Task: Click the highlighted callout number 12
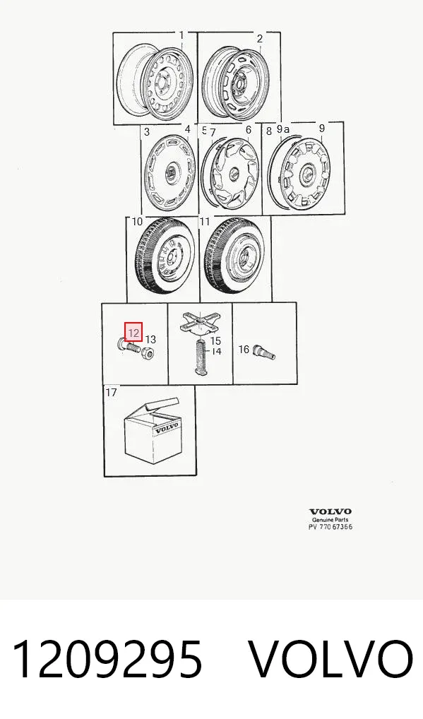click(133, 332)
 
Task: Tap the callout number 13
click(150, 339)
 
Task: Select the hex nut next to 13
click(147, 353)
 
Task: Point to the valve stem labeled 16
click(263, 352)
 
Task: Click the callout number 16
click(244, 350)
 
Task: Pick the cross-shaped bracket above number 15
click(200, 322)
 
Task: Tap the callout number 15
click(215, 340)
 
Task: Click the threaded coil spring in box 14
click(201, 357)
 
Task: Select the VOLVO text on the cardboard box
click(166, 429)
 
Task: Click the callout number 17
click(112, 392)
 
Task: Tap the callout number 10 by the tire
click(137, 222)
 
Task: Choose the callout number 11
click(204, 222)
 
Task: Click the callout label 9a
click(283, 129)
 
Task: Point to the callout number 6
click(249, 130)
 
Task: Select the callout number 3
click(147, 132)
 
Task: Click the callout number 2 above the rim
click(259, 39)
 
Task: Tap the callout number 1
click(181, 35)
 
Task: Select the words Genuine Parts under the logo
click(330, 520)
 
